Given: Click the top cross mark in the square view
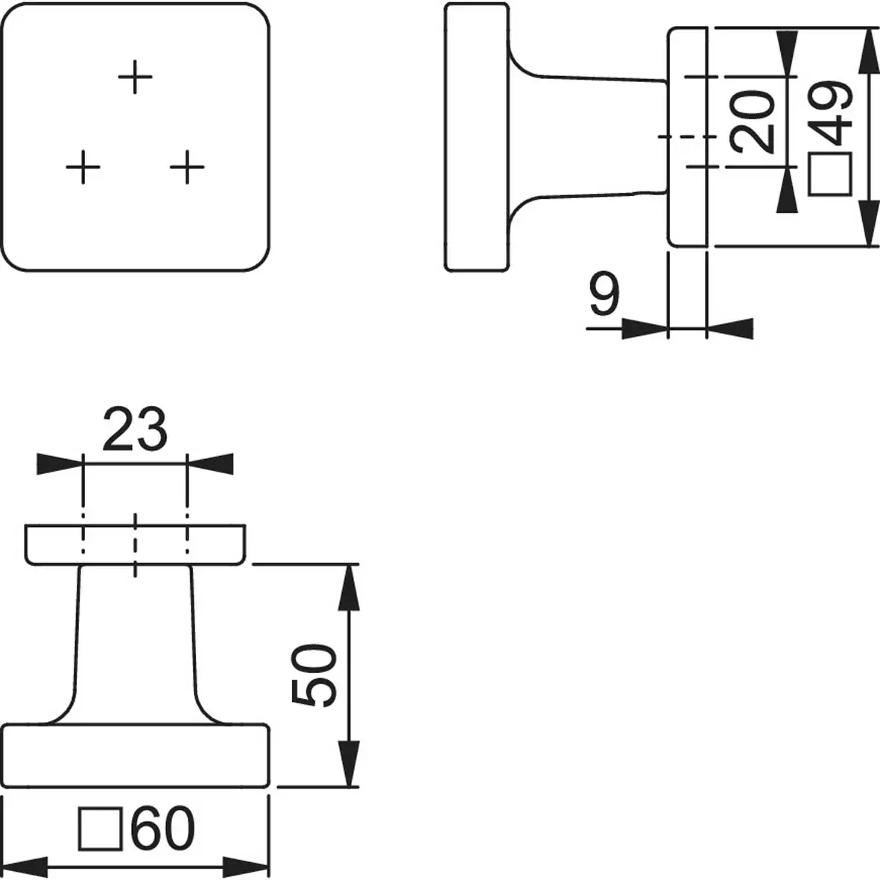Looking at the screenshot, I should pyautogui.click(x=136, y=76).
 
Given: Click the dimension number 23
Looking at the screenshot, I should pyautogui.click(x=134, y=430).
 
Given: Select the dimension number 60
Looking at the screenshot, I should pyautogui.click(x=163, y=829).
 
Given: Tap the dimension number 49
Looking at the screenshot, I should pyautogui.click(x=832, y=113).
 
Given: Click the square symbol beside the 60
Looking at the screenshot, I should pyautogui.click(x=101, y=829).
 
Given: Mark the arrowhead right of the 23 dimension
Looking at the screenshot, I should pyautogui.click(x=210, y=463).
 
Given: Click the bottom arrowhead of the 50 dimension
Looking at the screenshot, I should pyautogui.click(x=350, y=764).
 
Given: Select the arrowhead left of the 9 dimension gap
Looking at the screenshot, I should pyautogui.click(x=644, y=328).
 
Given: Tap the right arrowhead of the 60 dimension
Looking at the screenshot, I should pyautogui.click(x=246, y=868).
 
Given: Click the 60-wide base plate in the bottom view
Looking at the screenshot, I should pyautogui.click(x=136, y=754).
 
